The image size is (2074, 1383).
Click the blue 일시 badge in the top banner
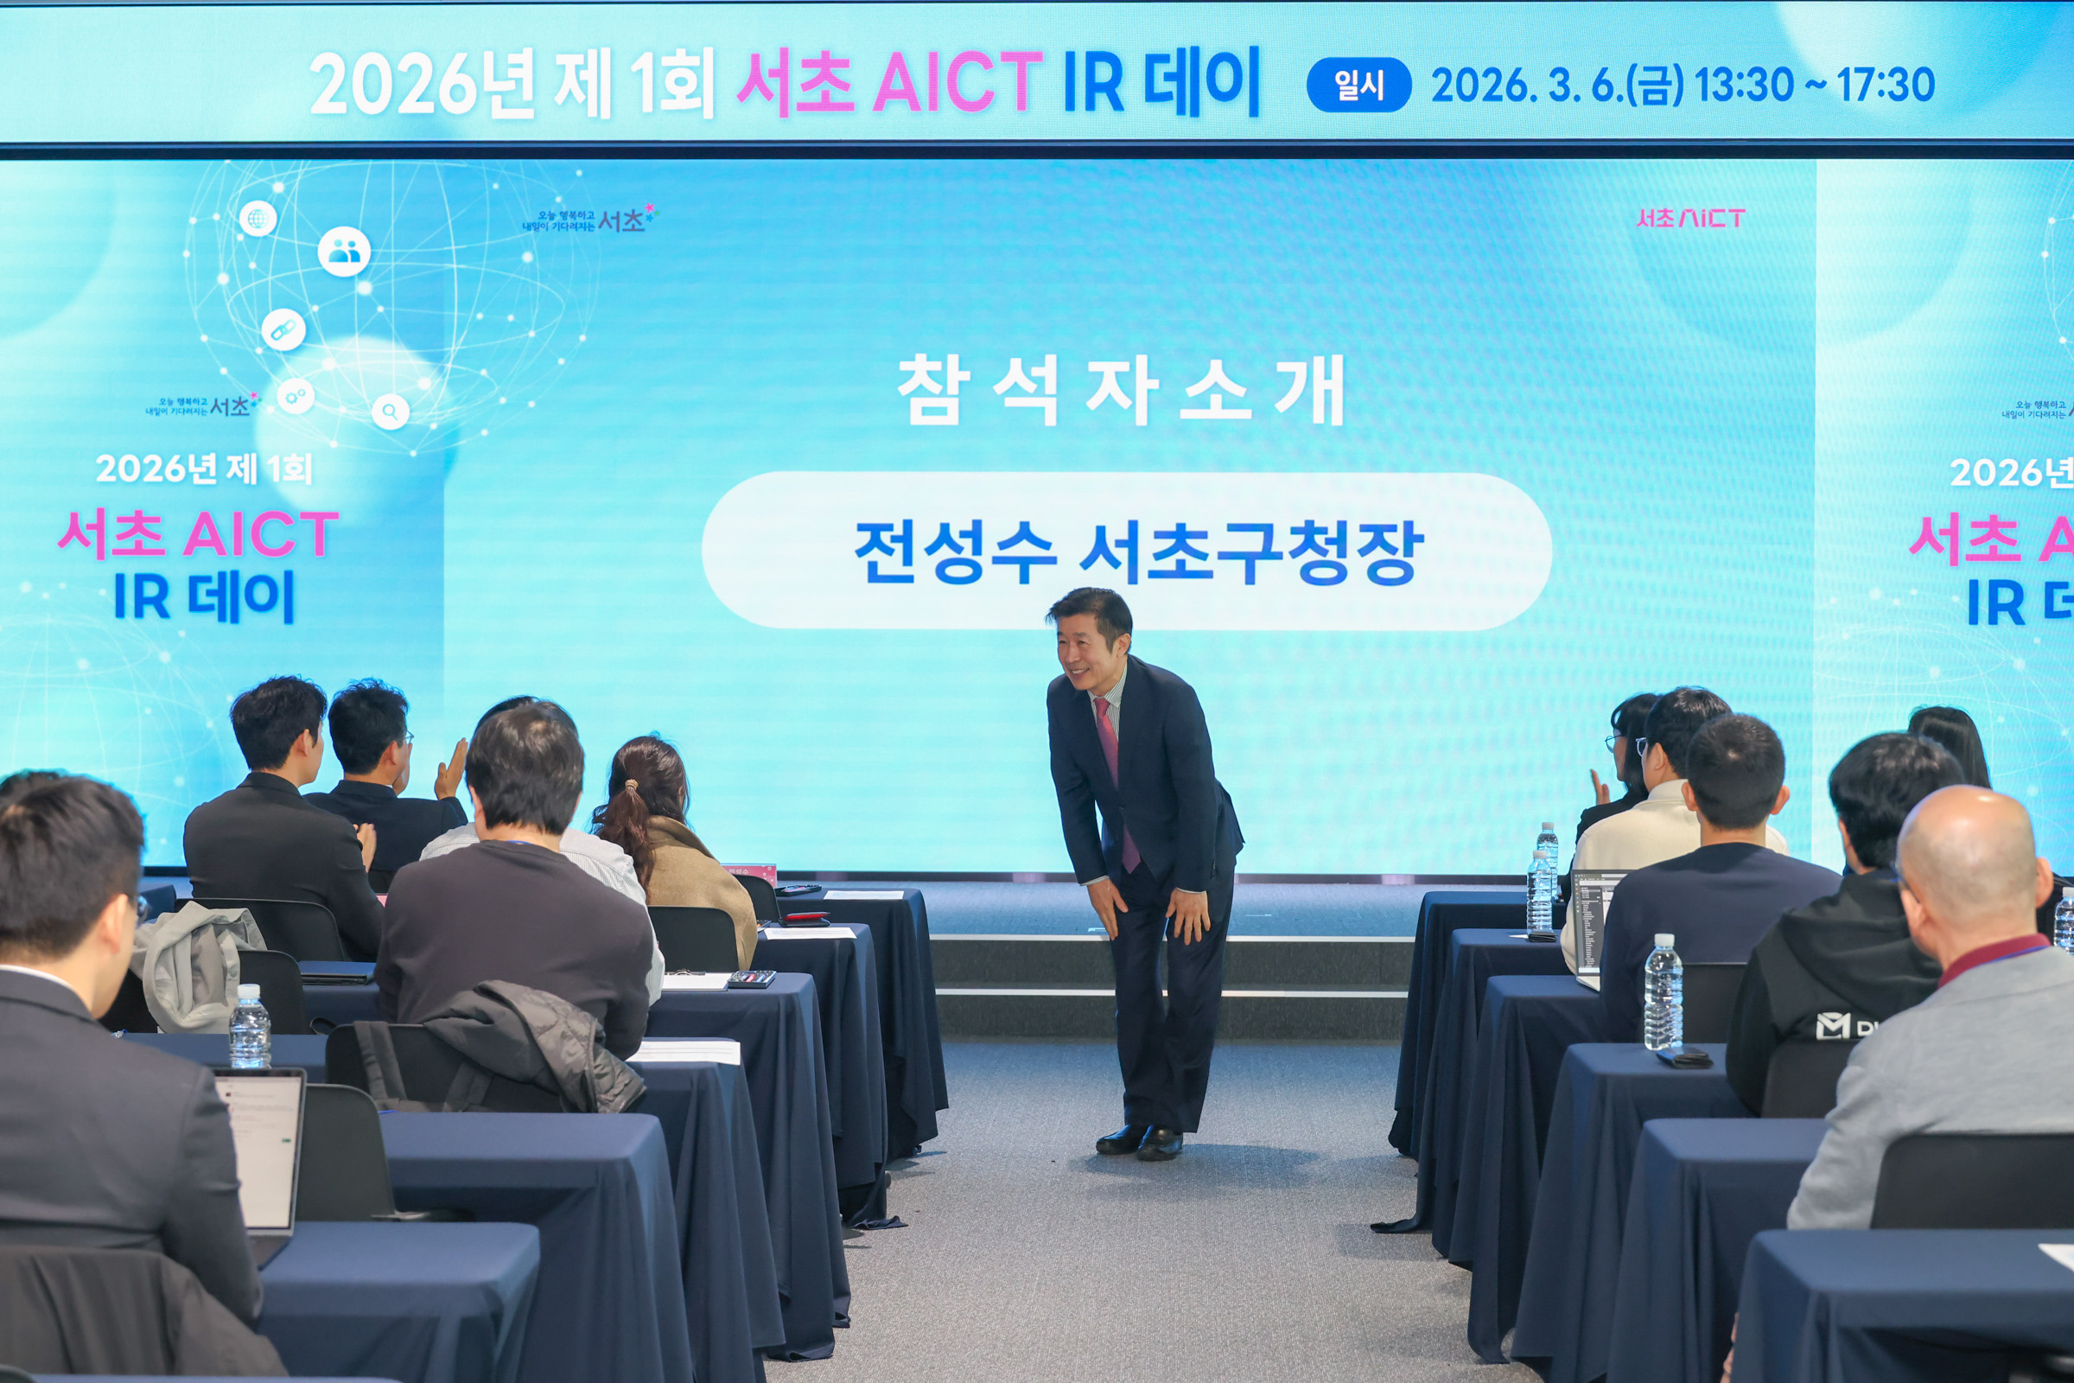(x=1358, y=86)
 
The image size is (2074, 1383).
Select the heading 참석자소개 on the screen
(x=1121, y=390)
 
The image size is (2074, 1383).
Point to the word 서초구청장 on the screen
(x=1250, y=552)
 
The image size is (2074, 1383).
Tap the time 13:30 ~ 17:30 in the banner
(x=1814, y=86)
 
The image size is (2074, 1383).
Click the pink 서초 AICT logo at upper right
(x=1689, y=218)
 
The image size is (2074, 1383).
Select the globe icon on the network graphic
(x=258, y=218)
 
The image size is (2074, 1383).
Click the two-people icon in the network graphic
(x=344, y=252)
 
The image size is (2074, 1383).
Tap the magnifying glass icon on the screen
(x=390, y=411)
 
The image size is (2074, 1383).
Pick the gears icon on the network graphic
(x=296, y=395)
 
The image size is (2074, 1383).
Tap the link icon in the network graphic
(x=283, y=330)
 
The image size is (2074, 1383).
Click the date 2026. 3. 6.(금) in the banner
(x=1556, y=86)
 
